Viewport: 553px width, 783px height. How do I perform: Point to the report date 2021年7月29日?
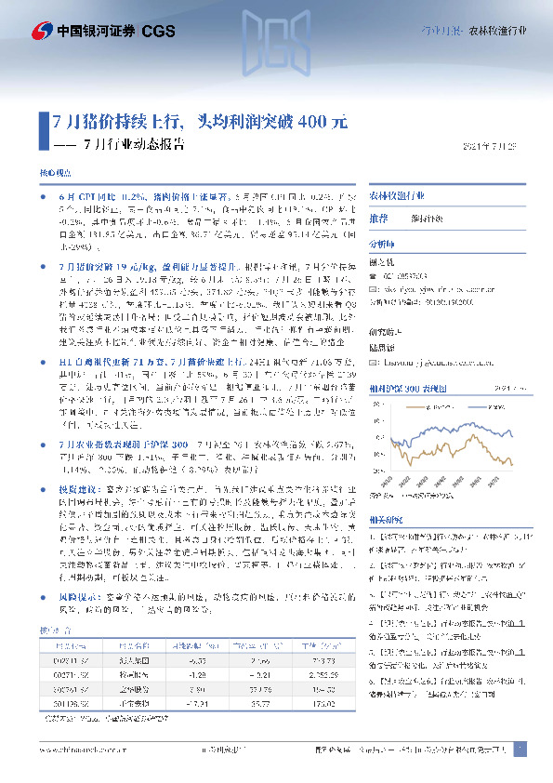(495, 145)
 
